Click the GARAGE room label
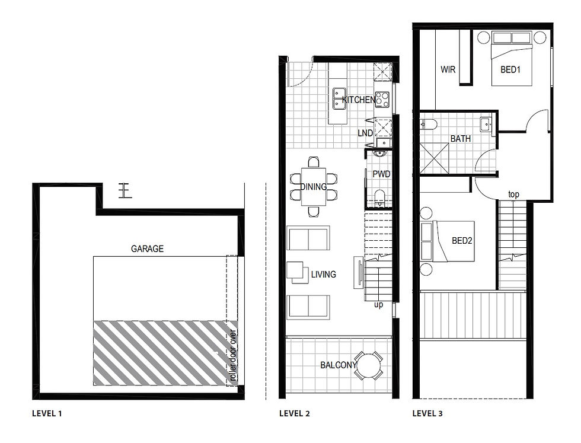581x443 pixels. (x=147, y=249)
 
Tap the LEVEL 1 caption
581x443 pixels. (x=47, y=413)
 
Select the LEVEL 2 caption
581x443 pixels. (x=294, y=413)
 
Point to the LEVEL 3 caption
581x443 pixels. (x=427, y=413)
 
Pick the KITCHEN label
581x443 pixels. (x=359, y=100)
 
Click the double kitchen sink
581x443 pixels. (x=339, y=99)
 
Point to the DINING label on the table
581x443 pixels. (x=313, y=187)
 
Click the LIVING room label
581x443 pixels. (x=324, y=275)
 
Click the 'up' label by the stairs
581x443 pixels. (x=378, y=305)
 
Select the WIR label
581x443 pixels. (x=448, y=69)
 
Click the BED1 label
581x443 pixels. (x=510, y=69)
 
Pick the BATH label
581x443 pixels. (x=461, y=139)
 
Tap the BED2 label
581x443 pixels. (x=462, y=241)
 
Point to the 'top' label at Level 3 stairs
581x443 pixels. (x=514, y=195)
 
